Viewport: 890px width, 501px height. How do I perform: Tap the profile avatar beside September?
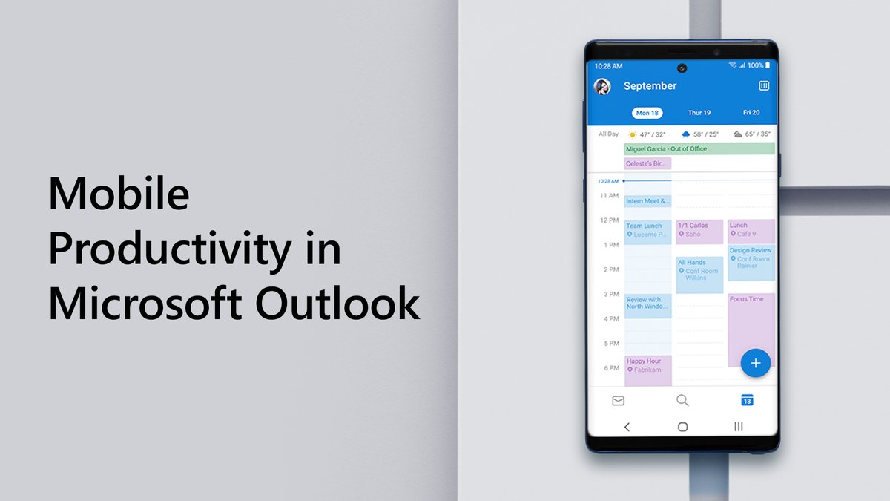pos(602,86)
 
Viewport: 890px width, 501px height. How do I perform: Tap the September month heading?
pos(650,86)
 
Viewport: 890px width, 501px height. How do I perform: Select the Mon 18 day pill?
pos(647,113)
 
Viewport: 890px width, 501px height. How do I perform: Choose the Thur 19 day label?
pos(699,113)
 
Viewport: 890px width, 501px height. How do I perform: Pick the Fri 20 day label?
pos(751,113)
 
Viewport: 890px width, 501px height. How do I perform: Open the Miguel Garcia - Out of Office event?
pos(699,148)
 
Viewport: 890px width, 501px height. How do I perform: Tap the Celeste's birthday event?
pos(647,163)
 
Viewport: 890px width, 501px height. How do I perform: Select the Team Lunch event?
pos(647,231)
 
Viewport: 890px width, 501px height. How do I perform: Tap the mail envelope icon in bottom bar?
pos(618,401)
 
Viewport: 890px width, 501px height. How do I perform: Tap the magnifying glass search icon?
pos(682,401)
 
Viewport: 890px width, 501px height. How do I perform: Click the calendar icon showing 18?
pos(747,401)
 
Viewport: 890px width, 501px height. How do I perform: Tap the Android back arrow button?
pos(627,427)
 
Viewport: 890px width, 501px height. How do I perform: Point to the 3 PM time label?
pos(610,294)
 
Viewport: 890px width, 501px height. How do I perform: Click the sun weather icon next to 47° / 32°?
pos(633,134)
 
